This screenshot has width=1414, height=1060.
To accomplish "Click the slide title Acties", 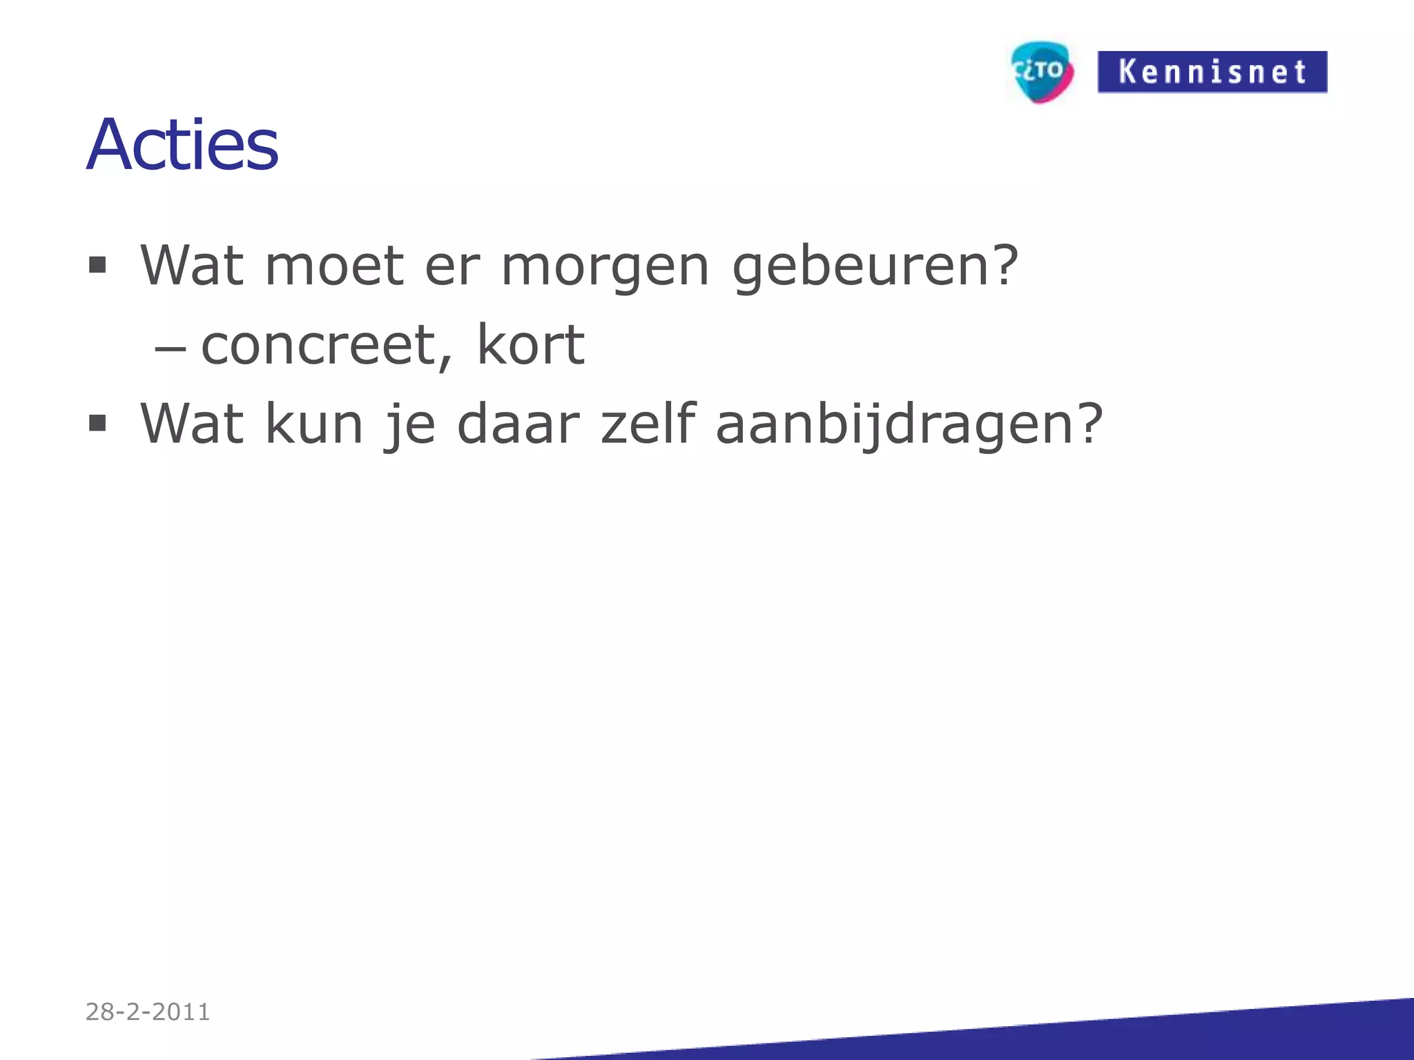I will click(x=182, y=145).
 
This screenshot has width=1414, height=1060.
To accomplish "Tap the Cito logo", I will click(x=1041, y=72).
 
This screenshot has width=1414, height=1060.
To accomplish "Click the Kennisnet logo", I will click(x=1212, y=72).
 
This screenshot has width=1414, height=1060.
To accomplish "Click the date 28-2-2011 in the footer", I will click(x=148, y=1012).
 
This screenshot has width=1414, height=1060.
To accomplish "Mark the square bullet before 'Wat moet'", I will click(x=97, y=265).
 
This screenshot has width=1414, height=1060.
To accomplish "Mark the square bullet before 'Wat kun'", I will click(x=97, y=422).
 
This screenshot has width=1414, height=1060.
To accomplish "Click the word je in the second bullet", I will click(x=410, y=424).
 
